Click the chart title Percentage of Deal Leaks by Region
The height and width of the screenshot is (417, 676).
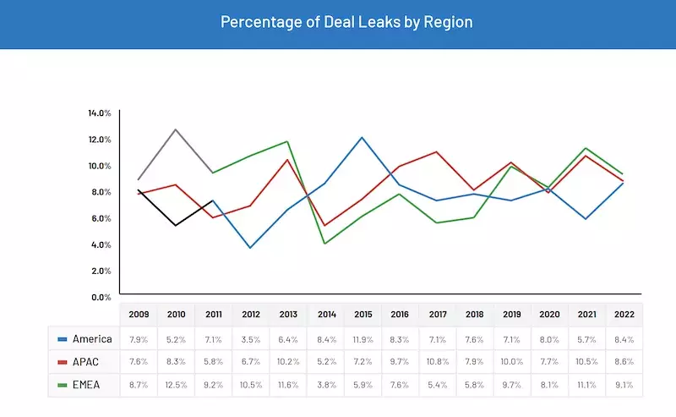click(346, 22)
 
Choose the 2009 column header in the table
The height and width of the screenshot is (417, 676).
click(139, 315)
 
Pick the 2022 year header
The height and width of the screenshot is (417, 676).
click(624, 315)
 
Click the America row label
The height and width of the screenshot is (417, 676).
click(91, 339)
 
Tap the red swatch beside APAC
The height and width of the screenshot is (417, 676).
click(63, 362)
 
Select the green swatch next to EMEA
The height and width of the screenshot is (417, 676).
click(63, 386)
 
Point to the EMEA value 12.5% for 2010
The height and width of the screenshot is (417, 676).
click(176, 386)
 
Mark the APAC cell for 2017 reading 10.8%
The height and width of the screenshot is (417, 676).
click(437, 362)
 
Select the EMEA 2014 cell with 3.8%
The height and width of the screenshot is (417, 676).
click(325, 386)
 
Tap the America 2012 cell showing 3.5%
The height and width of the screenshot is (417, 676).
click(250, 339)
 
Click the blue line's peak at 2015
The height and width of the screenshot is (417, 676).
click(362, 137)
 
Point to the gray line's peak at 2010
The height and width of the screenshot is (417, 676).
click(175, 129)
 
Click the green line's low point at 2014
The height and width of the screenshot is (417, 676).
click(325, 244)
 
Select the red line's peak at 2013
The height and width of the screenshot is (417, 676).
click(288, 159)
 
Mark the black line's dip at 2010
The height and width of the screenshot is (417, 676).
click(175, 225)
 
